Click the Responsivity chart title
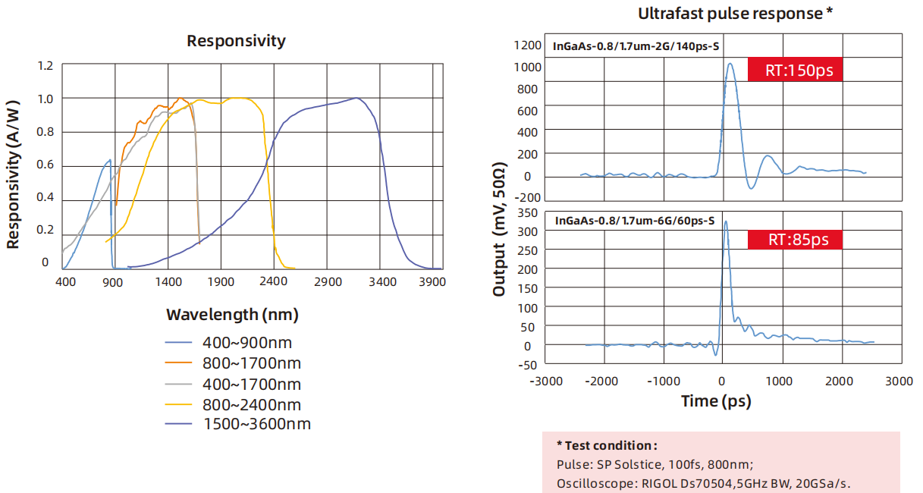pyautogui.click(x=236, y=41)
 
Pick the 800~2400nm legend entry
pyautogui.click(x=251, y=404)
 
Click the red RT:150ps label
pyautogui.click(x=795, y=70)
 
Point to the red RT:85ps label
pyautogui.click(x=794, y=240)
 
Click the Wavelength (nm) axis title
pyautogui.click(x=232, y=314)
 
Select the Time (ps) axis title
pyautogui.click(x=716, y=400)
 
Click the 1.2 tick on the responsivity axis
pyautogui.click(x=46, y=66)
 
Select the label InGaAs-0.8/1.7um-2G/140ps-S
pyautogui.click(x=636, y=46)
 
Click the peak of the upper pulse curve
pyautogui.click(x=730, y=64)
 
